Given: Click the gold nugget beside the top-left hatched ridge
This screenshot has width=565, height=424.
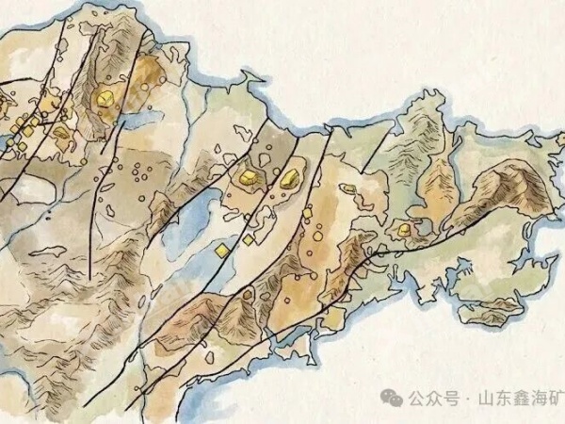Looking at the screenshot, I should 104,96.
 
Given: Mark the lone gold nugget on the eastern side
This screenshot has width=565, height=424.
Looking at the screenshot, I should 403,229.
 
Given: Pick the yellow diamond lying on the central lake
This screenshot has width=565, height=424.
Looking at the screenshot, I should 221,251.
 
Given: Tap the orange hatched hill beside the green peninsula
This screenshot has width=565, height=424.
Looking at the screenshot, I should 438,188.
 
